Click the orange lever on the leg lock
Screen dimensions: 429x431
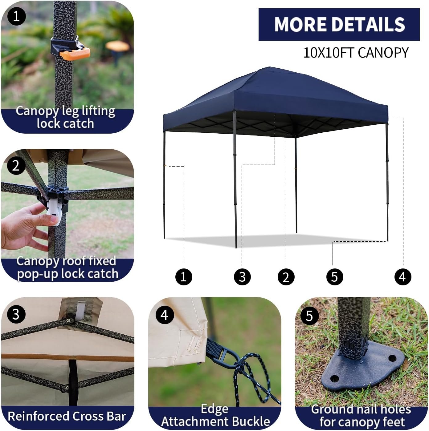75,54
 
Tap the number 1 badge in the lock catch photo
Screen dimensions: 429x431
16,17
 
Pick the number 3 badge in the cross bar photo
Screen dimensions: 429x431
16,314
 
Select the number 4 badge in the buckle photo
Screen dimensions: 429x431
165,315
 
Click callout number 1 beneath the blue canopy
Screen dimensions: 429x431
184,277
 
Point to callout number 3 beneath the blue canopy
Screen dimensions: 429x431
242,277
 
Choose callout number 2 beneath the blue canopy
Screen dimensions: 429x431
286,277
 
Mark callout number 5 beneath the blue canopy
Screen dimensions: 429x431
334,277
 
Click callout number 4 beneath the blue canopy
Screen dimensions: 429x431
402,277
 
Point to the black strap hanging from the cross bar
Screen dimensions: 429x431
73,382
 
